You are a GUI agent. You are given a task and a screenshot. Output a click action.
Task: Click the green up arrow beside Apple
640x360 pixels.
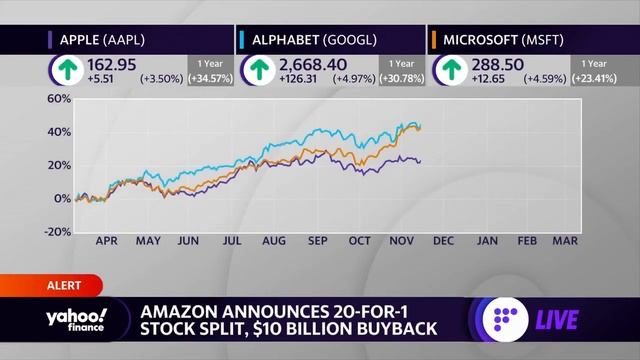pyautogui.click(x=66, y=69)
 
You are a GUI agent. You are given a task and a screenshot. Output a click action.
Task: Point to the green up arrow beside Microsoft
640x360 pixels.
pyautogui.click(x=449, y=69)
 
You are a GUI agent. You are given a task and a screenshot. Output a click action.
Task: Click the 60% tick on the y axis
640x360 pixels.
pyautogui.click(x=58, y=99)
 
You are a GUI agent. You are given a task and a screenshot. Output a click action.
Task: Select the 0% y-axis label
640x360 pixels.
pyautogui.click(x=63, y=198)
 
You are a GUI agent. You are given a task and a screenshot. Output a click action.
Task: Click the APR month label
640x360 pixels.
pyautogui.click(x=106, y=241)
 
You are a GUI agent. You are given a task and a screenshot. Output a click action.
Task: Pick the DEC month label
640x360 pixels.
pyautogui.click(x=444, y=241)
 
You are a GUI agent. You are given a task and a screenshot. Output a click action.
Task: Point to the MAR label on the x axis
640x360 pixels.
pyautogui.click(x=563, y=241)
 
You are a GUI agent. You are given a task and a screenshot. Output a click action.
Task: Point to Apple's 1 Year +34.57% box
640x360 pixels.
pyautogui.click(x=208, y=70)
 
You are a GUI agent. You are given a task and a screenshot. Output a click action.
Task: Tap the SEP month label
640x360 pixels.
pyautogui.click(x=318, y=241)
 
